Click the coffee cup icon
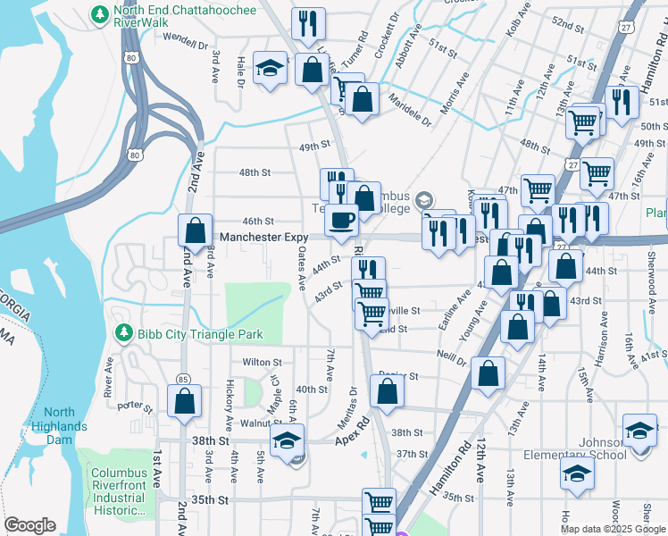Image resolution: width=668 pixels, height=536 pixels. pyautogui.click(x=340, y=220)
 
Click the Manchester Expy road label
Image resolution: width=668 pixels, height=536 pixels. pyautogui.click(x=263, y=237)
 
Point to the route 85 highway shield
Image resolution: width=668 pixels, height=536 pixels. pyautogui.click(x=183, y=380)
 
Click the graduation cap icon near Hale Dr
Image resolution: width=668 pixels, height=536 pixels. pyautogui.click(x=269, y=69)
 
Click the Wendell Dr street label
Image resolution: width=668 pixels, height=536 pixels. pyautogui.click(x=185, y=40)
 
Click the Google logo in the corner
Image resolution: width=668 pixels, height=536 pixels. pyautogui.click(x=29, y=525)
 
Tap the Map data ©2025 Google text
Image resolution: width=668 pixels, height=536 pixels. pyautogui.click(x=613, y=529)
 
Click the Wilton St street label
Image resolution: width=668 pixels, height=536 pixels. pyautogui.click(x=262, y=363)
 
